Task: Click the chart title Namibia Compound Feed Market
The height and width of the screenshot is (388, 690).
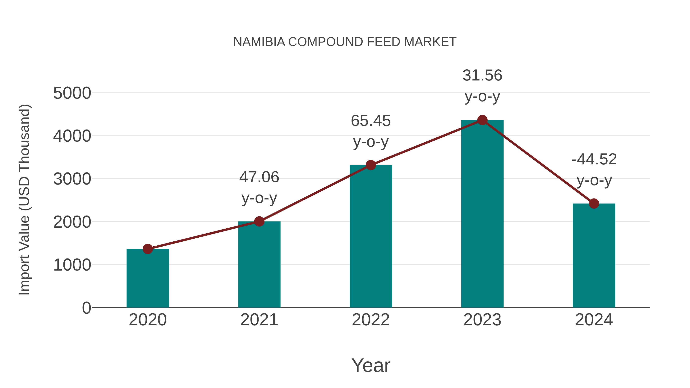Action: (345, 42)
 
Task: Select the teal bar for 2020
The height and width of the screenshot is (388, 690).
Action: (148, 278)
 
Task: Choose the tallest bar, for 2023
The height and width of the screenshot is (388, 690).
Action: (482, 214)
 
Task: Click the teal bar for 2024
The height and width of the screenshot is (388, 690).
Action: (594, 256)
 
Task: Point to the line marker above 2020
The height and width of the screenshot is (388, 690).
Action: (148, 249)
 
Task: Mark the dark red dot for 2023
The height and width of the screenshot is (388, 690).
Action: (482, 120)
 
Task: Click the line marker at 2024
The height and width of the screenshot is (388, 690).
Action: (594, 203)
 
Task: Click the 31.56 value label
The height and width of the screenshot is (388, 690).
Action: (482, 75)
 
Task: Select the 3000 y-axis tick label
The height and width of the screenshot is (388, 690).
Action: (72, 179)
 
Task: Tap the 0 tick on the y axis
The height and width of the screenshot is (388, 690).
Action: (86, 308)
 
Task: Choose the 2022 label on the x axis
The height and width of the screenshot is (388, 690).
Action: (371, 320)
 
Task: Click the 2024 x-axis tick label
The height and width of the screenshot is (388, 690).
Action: (594, 320)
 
